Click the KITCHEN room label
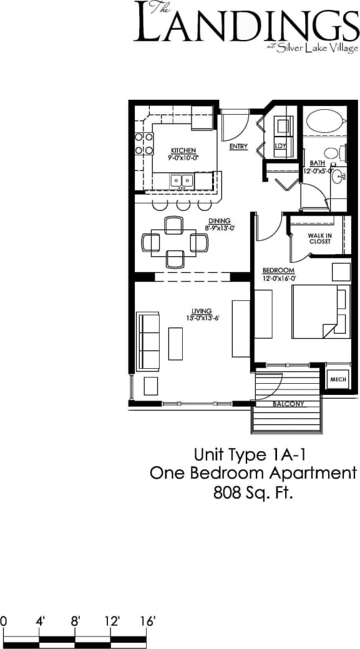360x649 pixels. [x=183, y=150]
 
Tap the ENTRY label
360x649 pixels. [x=238, y=147]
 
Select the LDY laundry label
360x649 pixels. [x=280, y=146]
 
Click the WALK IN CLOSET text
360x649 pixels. [x=319, y=238]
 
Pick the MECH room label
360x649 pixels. [x=338, y=379]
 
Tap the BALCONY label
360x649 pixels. [x=289, y=404]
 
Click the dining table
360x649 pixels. [x=174, y=242]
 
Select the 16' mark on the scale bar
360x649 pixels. [x=147, y=622]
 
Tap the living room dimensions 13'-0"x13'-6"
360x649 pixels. [x=202, y=318]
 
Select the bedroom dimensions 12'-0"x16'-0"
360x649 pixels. [x=278, y=277]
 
